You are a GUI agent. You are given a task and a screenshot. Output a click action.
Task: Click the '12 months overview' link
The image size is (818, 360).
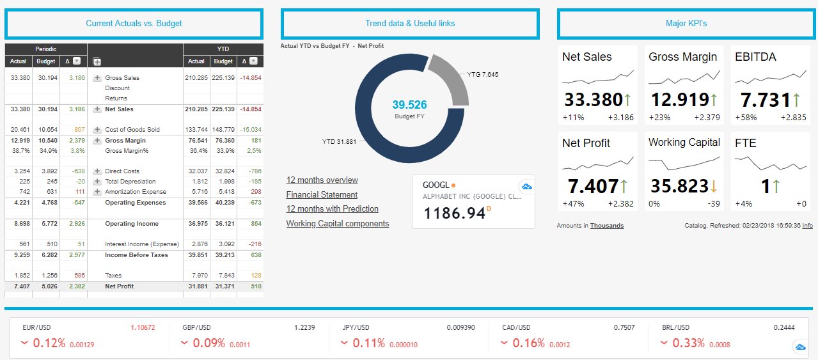pyautogui.click(x=322, y=180)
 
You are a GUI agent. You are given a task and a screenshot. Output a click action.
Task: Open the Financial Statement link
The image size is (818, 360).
pyautogui.click(x=322, y=194)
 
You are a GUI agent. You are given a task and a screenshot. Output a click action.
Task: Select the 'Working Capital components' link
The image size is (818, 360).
pyautogui.click(x=338, y=223)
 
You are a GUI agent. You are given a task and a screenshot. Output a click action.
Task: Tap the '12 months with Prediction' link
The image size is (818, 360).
pyautogui.click(x=333, y=209)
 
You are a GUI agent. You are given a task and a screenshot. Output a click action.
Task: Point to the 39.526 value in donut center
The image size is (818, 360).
pyautogui.click(x=409, y=105)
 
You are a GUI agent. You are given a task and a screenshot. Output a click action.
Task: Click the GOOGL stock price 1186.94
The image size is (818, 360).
pyautogui.click(x=454, y=213)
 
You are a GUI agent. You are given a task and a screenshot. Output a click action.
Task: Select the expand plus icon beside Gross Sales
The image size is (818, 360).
pyautogui.click(x=97, y=78)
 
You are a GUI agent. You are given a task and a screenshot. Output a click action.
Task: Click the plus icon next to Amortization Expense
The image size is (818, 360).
pyautogui.click(x=97, y=192)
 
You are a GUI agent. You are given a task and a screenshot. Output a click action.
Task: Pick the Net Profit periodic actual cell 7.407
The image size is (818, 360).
pyautogui.click(x=22, y=286)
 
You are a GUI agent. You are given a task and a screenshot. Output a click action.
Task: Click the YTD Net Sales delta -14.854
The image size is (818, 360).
pyautogui.click(x=251, y=109)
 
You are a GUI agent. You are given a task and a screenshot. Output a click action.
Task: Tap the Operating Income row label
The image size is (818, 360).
pyautogui.click(x=132, y=224)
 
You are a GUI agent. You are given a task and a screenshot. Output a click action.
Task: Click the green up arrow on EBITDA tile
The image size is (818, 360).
pyautogui.click(x=796, y=100)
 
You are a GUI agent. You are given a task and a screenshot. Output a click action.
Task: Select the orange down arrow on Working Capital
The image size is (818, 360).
pyautogui.click(x=714, y=186)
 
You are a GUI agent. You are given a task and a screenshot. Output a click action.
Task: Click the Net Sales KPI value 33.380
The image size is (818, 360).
pyautogui.click(x=594, y=100)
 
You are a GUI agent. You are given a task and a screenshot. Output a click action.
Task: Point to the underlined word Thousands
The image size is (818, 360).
pyautogui.click(x=607, y=226)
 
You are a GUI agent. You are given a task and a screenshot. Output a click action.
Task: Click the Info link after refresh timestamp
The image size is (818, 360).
pyautogui.click(x=807, y=226)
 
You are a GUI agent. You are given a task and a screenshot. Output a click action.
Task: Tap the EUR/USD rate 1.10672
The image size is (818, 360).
pyautogui.click(x=143, y=327)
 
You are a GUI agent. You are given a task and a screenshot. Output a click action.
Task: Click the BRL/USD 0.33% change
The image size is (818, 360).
pyautogui.click(x=688, y=343)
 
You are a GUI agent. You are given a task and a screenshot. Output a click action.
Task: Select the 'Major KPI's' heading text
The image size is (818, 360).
pyautogui.click(x=686, y=24)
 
